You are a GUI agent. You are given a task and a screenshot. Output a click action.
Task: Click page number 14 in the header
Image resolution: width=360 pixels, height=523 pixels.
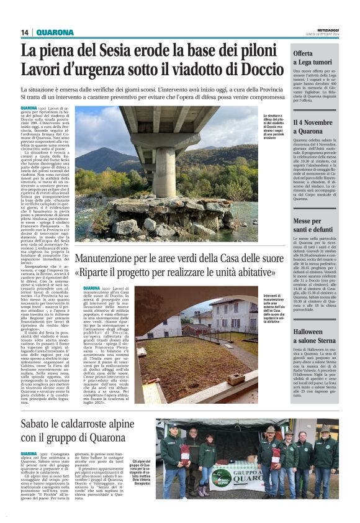25,32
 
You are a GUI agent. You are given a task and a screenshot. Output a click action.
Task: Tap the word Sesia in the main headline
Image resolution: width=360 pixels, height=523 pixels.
129,52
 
